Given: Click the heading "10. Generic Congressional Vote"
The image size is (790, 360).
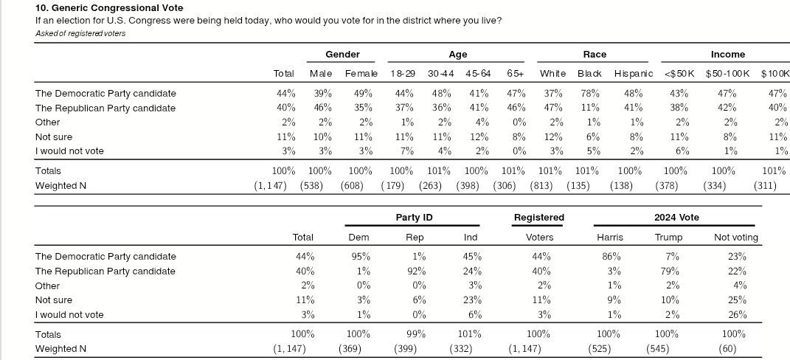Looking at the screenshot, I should pyautogui.click(x=105, y=7).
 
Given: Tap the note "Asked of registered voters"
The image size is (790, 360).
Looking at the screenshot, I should pyautogui.click(x=80, y=33).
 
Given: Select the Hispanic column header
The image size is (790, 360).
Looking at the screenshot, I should pyautogui.click(x=634, y=74).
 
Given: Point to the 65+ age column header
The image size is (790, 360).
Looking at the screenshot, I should pyautogui.click(x=516, y=74).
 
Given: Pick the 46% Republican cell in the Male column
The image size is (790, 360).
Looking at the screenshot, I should pyautogui.click(x=322, y=108).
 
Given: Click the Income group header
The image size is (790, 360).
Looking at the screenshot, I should pyautogui.click(x=727, y=55).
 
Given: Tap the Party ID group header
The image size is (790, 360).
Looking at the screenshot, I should pyautogui.click(x=414, y=218).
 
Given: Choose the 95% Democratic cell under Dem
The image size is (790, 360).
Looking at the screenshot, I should pyautogui.click(x=360, y=257).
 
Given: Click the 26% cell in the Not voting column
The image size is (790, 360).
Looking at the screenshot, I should pyautogui.click(x=735, y=314).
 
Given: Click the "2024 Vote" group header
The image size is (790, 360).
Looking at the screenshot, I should pyautogui.click(x=676, y=218).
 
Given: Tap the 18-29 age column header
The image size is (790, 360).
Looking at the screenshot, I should pyautogui.click(x=402, y=74).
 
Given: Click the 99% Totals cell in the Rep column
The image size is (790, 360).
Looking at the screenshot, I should pyautogui.click(x=416, y=334).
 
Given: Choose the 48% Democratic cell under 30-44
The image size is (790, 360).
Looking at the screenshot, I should pyautogui.click(x=441, y=94).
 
